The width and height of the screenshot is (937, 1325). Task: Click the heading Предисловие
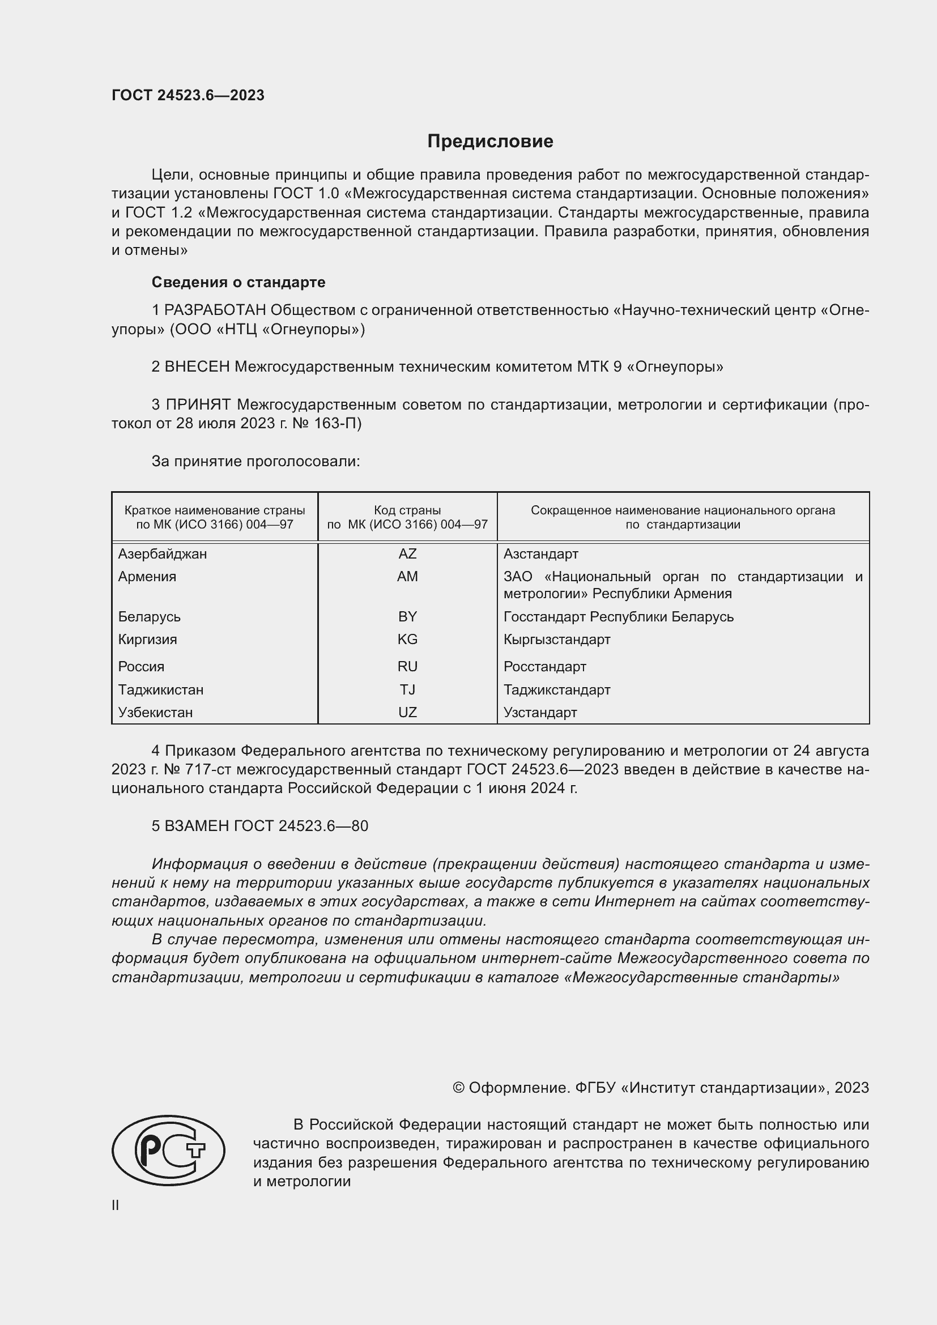(490, 142)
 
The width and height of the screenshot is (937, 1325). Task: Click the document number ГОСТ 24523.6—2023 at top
(188, 95)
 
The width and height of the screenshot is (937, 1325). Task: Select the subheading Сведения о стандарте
(238, 282)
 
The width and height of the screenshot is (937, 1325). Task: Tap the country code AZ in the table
(407, 554)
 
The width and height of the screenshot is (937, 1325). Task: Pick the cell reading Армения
(147, 577)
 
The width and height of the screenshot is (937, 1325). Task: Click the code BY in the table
(407, 617)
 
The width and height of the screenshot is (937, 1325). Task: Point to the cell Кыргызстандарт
(557, 640)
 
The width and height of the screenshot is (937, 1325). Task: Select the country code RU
(407, 667)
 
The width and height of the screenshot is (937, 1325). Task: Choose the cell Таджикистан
(160, 689)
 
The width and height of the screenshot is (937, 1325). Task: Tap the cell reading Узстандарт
(540, 713)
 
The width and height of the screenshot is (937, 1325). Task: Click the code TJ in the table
(407, 689)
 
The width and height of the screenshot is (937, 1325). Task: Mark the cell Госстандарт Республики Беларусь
(619, 617)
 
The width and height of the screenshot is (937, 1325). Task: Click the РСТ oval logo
(168, 1150)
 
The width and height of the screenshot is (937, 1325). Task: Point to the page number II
(116, 1205)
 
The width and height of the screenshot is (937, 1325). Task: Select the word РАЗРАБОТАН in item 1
(215, 310)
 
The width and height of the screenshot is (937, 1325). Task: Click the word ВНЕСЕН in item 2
(197, 367)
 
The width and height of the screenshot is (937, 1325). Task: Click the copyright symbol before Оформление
(458, 1088)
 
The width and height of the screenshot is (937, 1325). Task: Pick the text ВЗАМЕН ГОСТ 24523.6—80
(259, 826)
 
